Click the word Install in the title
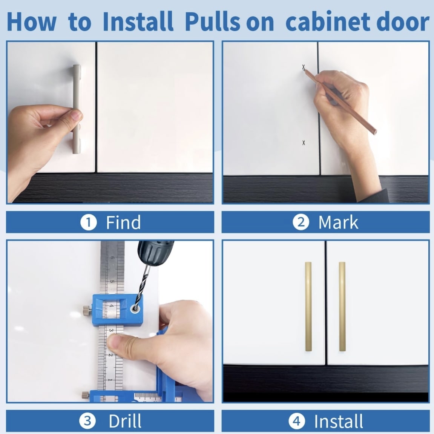(138, 21)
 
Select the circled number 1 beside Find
(89, 222)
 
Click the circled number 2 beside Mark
(301, 222)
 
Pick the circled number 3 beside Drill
(87, 421)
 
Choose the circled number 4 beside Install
(297, 421)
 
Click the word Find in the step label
(123, 222)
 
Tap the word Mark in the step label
(338, 222)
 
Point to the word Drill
(125, 421)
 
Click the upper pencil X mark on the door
(304, 67)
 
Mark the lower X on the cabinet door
(304, 143)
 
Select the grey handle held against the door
(77, 109)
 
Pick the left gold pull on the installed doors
(308, 307)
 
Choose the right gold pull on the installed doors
(342, 307)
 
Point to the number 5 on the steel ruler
(112, 281)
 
